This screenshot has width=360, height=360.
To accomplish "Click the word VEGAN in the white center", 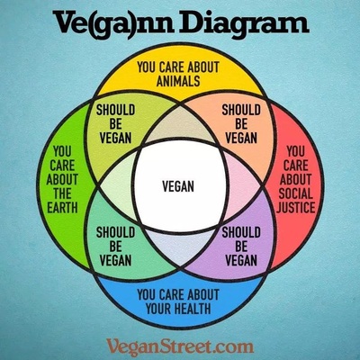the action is pyautogui.click(x=178, y=186).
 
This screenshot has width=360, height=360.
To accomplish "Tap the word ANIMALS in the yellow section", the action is pyautogui.click(x=178, y=81).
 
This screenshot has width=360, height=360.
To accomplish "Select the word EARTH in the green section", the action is pyautogui.click(x=62, y=207).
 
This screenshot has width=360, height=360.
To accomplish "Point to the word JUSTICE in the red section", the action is pyautogui.click(x=296, y=207).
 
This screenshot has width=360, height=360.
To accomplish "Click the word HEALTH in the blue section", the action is pyautogui.click(x=192, y=309).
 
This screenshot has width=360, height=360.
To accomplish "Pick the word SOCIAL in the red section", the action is pyautogui.click(x=296, y=193).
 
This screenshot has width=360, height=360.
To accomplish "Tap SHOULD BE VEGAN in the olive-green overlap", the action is pyautogui.click(x=115, y=124).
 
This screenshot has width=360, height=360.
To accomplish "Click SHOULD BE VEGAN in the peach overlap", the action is pyautogui.click(x=241, y=124).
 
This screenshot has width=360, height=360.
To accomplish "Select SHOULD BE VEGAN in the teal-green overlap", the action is pyautogui.click(x=115, y=247).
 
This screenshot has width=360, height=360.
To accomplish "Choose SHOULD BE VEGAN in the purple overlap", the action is pyautogui.click(x=241, y=247).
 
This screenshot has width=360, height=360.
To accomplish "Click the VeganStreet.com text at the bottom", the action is pyautogui.click(x=180, y=346).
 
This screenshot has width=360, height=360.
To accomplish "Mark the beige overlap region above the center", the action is pyautogui.click(x=180, y=126).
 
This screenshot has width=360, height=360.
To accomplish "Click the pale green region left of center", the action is pyautogui.click(x=119, y=186).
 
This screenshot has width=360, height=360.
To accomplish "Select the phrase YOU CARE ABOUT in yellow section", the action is pyautogui.click(x=178, y=67).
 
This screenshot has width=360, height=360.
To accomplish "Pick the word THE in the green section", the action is pyautogui.click(x=62, y=193).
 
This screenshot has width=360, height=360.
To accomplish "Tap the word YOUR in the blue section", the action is pyautogui.click(x=157, y=309).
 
